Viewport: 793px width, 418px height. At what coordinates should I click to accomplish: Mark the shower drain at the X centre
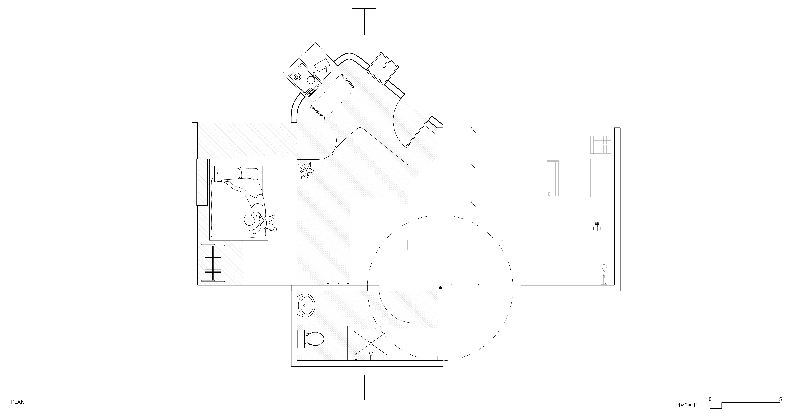coord(371,343)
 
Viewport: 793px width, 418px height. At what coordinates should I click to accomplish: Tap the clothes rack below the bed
coord(213,263)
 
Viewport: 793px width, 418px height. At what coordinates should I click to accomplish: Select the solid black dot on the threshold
coord(440,288)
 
